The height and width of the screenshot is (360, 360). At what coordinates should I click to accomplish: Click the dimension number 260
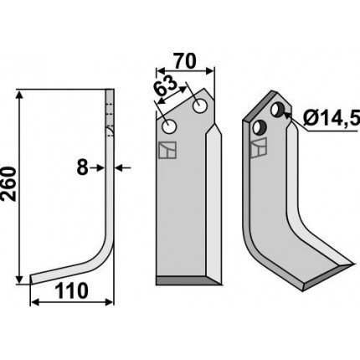pyautogui.click(x=8, y=184)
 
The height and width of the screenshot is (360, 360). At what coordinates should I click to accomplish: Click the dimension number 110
pyautogui.click(x=71, y=291)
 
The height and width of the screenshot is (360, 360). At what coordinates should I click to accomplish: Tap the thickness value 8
pyautogui.click(x=82, y=168)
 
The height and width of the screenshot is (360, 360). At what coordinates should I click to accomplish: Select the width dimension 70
pyautogui.click(x=185, y=61)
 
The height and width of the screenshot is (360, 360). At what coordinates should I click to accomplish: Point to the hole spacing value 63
pyautogui.click(x=166, y=85)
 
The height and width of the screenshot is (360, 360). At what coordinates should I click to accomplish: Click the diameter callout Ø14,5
pyautogui.click(x=331, y=120)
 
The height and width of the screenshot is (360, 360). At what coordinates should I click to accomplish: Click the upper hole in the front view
pyautogui.click(x=200, y=106)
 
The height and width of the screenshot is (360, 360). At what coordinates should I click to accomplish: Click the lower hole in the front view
pyautogui.click(x=169, y=126)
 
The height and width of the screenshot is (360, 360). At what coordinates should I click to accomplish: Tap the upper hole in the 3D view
pyautogui.click(x=278, y=110)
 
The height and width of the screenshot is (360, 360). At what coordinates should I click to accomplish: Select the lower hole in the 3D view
pyautogui.click(x=260, y=128)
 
